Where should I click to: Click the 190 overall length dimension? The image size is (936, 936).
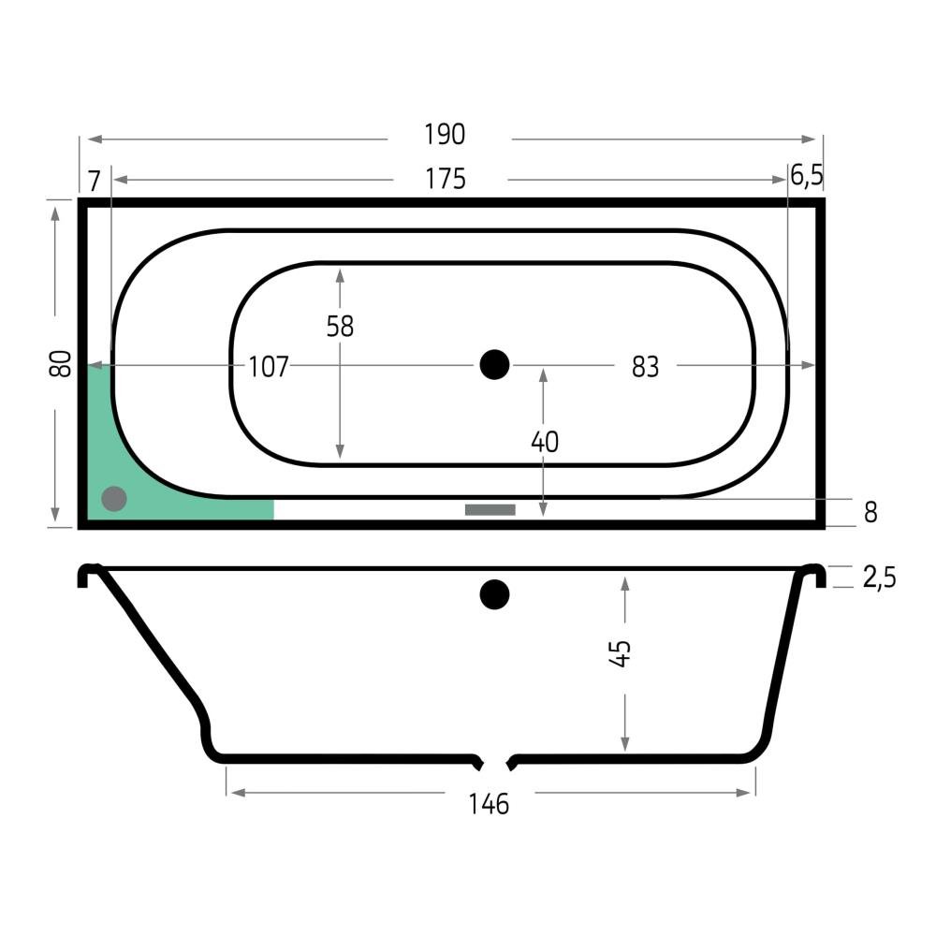pyautogui.click(x=445, y=135)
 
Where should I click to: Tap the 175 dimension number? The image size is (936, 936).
pyautogui.click(x=446, y=179)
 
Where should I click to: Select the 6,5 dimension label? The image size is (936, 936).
pyautogui.click(x=807, y=176)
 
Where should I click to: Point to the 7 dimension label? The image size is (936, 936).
pyautogui.click(x=95, y=181)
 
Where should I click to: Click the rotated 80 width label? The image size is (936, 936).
pyautogui.click(x=60, y=363)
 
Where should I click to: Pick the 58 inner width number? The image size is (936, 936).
pyautogui.click(x=340, y=327)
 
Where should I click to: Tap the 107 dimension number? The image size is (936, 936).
pyautogui.click(x=269, y=367)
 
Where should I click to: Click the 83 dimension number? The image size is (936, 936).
pyautogui.click(x=645, y=367)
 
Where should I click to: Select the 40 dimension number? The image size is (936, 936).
pyautogui.click(x=545, y=443)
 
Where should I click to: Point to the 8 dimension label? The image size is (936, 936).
pyautogui.click(x=870, y=512)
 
